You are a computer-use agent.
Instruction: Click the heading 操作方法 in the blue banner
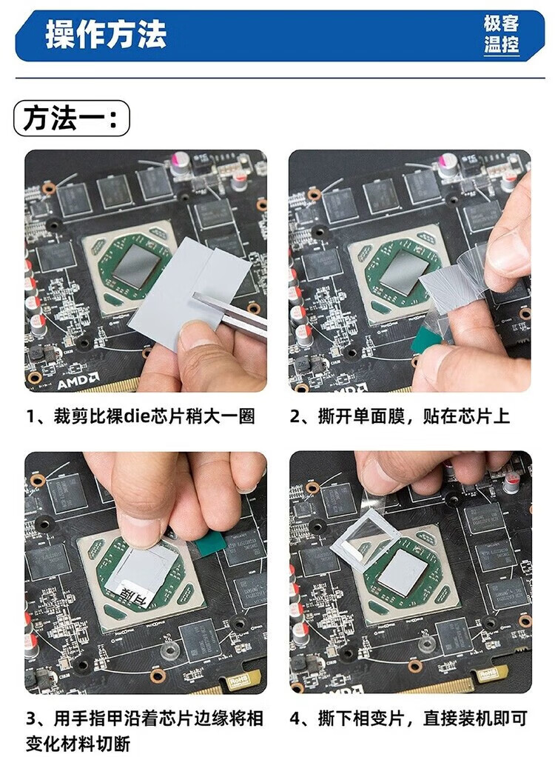(x=106, y=34)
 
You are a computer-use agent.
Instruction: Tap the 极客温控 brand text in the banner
(x=502, y=34)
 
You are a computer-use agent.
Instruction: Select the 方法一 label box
(x=72, y=119)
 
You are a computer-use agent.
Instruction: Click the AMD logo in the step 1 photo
(x=78, y=382)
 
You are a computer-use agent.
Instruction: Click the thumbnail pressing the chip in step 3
(x=139, y=533)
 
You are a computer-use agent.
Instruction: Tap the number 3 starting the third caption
(x=31, y=718)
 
